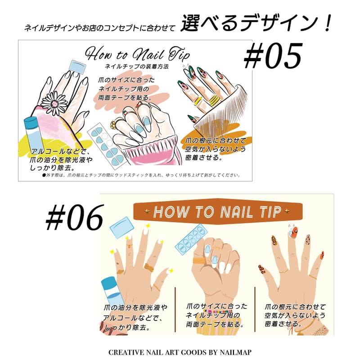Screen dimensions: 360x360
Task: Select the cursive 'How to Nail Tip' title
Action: point(137,54)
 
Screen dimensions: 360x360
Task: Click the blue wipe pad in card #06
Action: point(120,228)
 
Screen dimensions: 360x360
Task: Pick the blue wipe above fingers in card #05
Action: point(78,67)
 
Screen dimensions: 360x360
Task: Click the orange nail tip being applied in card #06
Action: point(293,233)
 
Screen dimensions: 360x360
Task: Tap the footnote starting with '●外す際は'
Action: point(142,175)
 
